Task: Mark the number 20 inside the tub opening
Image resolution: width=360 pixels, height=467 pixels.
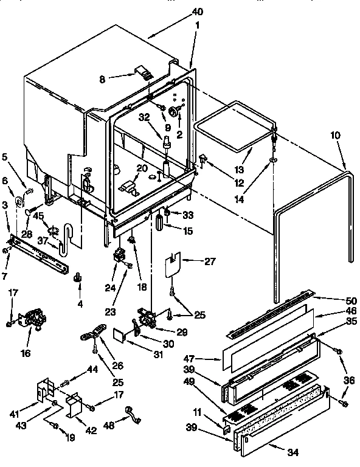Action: coord(142,168)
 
